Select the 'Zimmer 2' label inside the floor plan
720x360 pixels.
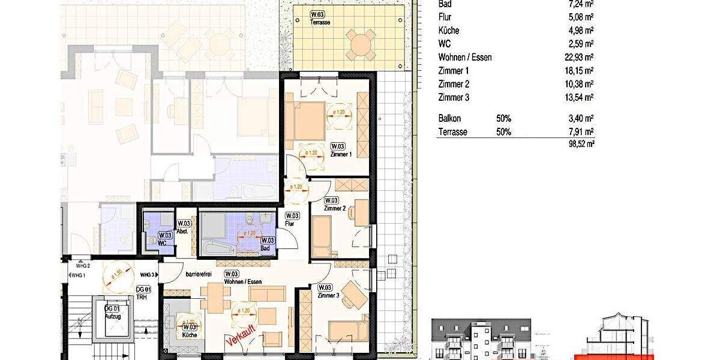334,208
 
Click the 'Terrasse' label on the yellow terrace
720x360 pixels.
320,22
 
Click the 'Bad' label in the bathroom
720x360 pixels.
265,248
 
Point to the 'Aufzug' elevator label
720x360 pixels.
113,316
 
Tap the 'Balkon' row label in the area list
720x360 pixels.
450,119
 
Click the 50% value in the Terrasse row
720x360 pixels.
503,132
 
